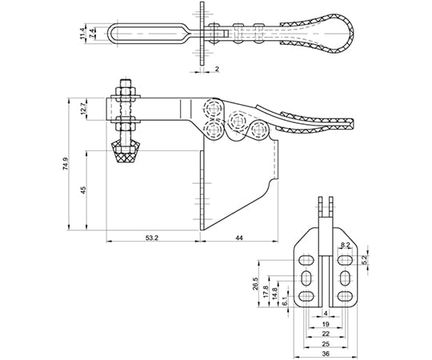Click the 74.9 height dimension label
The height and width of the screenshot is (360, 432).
tap(66, 164)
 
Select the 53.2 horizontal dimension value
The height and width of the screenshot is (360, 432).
tap(152, 238)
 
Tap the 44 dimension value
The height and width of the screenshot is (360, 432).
tap(239, 238)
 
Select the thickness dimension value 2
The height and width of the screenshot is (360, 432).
tap(217, 69)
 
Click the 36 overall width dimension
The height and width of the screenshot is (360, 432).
tap(326, 354)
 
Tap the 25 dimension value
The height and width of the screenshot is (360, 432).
tap(326, 344)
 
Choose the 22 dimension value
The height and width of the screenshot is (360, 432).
tap(326, 334)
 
